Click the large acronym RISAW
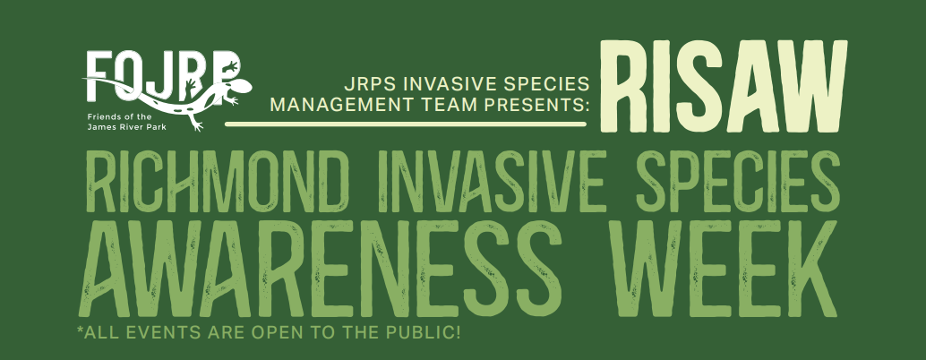pos(724,87)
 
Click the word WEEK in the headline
pos(724,269)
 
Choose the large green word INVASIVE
pos(483,181)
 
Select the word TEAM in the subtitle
pos(439,105)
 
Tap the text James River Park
pos(123,127)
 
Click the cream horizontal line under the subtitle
pos(406,124)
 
